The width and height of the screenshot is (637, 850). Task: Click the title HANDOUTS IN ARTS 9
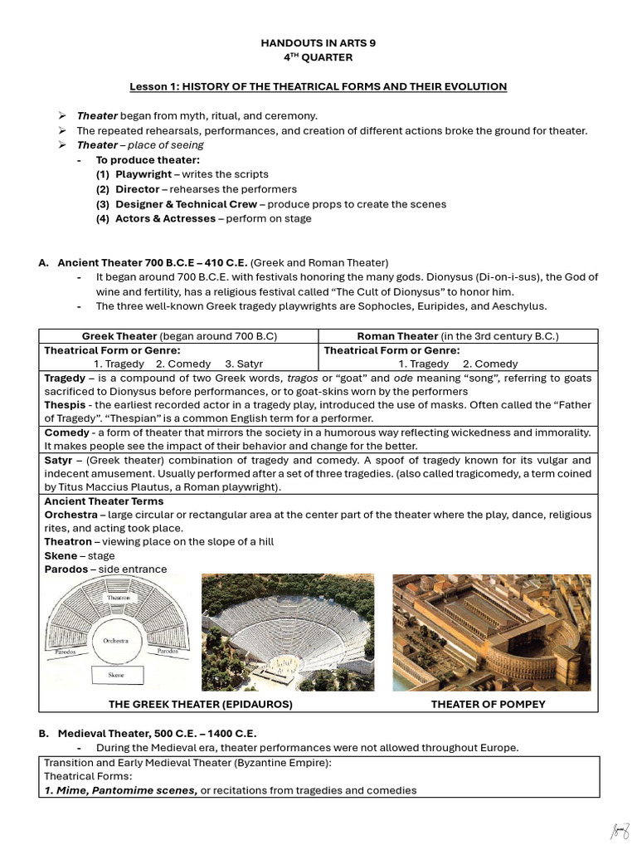(318, 43)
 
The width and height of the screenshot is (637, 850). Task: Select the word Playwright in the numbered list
(145, 174)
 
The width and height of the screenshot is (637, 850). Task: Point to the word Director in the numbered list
(137, 189)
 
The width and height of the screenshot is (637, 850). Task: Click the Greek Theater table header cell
(178, 336)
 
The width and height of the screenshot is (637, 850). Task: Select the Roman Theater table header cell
(458, 336)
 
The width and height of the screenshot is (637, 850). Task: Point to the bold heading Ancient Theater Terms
(104, 501)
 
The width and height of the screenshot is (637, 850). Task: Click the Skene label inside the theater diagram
(116, 676)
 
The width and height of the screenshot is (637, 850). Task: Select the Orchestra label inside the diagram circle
(115, 642)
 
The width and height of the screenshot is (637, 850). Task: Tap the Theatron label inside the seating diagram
(117, 598)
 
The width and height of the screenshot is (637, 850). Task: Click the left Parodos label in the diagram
(66, 652)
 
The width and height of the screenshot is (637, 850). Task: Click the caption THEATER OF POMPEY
(488, 705)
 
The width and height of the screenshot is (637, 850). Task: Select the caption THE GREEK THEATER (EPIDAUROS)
(201, 705)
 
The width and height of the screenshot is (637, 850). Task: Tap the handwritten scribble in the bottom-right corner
(620, 830)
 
